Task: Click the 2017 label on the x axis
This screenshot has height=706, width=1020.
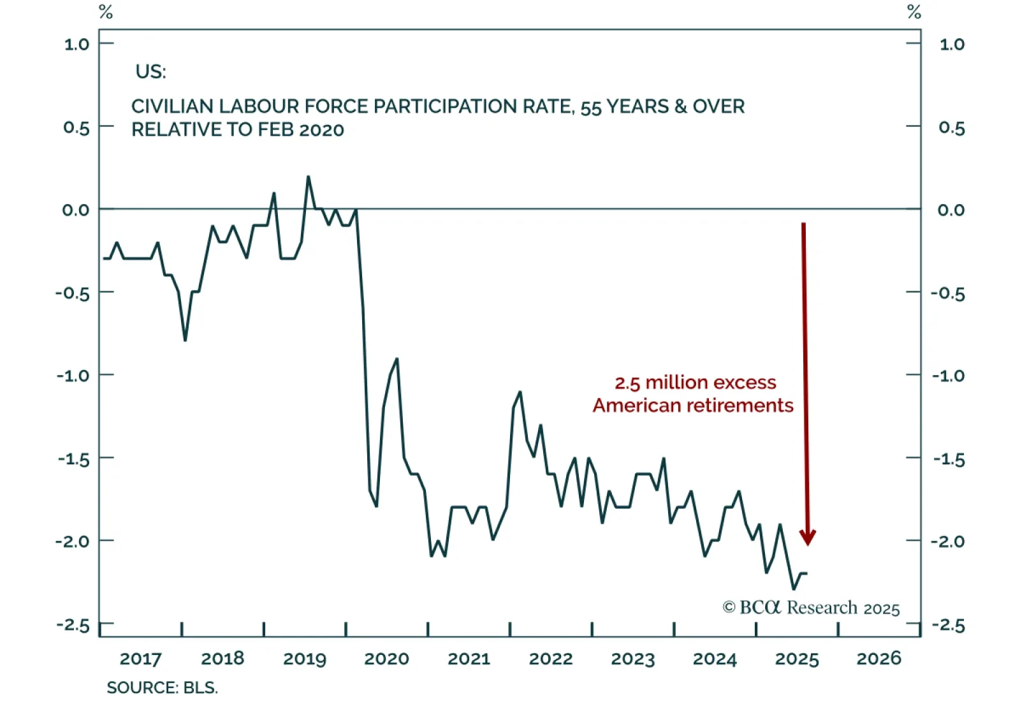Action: pos(140,659)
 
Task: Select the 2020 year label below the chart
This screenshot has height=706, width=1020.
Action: pos(386,659)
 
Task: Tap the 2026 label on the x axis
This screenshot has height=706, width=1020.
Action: pos(878,659)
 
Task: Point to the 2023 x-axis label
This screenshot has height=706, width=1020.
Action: pos(632,659)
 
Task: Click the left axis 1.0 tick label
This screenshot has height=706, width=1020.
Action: pos(76,44)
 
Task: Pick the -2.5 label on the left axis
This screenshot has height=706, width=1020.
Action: pos(73,624)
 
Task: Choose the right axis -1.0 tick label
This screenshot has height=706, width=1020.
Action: pos(948,375)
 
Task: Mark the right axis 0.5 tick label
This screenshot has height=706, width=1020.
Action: pos(951,128)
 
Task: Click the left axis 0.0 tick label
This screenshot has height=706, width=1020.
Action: pos(76,210)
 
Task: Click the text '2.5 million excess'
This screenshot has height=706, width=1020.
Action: pos(695,383)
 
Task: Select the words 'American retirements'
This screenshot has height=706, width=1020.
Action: pos(693,406)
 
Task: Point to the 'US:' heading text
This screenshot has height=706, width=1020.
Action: pos(150,71)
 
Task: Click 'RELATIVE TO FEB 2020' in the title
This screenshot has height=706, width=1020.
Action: pos(237,129)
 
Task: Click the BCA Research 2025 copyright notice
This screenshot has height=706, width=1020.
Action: pos(811,608)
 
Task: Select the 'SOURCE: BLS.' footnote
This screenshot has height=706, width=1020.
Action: pos(162,688)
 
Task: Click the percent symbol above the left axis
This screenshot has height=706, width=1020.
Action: pos(106,12)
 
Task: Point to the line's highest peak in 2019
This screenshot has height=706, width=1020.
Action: pos(309,177)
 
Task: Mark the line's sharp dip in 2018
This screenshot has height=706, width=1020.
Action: pos(185,340)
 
